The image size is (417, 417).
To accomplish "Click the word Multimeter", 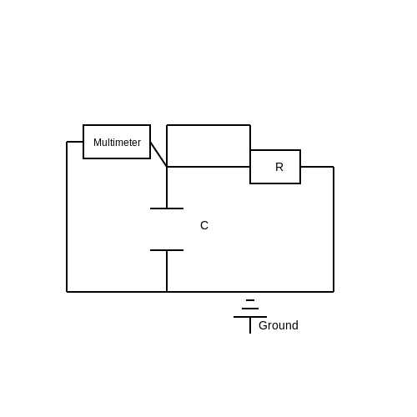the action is tap(117, 143).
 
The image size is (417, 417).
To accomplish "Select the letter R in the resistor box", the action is tap(279, 167).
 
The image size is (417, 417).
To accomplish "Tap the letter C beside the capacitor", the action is tap(204, 225).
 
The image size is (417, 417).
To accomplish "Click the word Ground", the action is tap(279, 325).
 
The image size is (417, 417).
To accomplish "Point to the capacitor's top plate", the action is tap(167, 208).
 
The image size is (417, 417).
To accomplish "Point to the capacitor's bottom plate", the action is tap(167, 250).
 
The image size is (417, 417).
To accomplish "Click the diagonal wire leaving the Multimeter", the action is tap(158, 154).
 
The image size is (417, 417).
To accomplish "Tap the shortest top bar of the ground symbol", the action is tap(250, 300).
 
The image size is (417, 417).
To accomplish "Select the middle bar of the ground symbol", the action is tap(250, 309).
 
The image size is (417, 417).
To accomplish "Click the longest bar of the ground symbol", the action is tap(250, 317).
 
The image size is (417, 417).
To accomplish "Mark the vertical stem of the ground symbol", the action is tap(250, 325).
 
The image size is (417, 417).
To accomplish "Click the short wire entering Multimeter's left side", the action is tap(75, 142).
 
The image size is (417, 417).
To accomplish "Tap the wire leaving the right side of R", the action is tap(317, 167).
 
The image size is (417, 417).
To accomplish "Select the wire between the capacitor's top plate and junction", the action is tap(167, 188).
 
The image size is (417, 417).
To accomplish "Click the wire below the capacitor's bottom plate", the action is tap(167, 271).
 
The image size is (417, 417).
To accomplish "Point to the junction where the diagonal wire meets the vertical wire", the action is tap(167, 167).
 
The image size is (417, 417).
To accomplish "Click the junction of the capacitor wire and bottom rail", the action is tap(167, 292).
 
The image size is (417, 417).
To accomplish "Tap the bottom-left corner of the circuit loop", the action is tap(67, 292).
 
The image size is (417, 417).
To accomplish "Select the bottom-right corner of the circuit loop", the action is tap(334, 292).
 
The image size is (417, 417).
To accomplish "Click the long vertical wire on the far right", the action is tap(334, 229).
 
